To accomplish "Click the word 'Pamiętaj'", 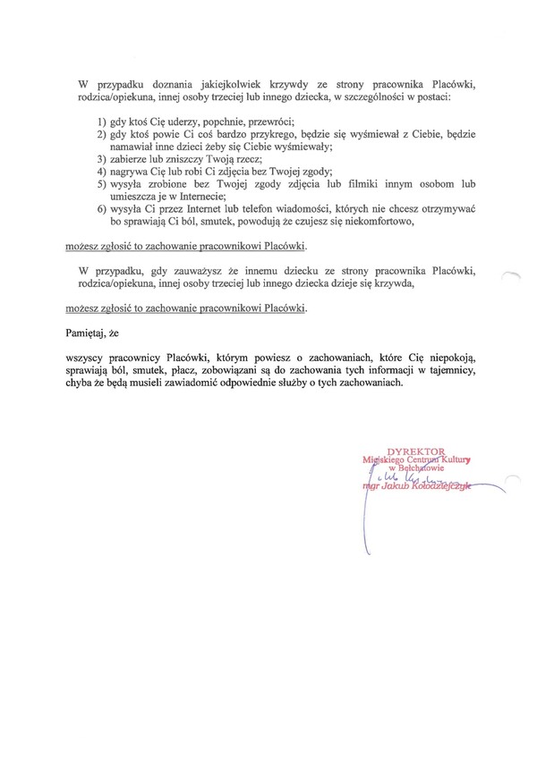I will pos(86,332).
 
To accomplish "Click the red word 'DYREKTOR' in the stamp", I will pos(414,452).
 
